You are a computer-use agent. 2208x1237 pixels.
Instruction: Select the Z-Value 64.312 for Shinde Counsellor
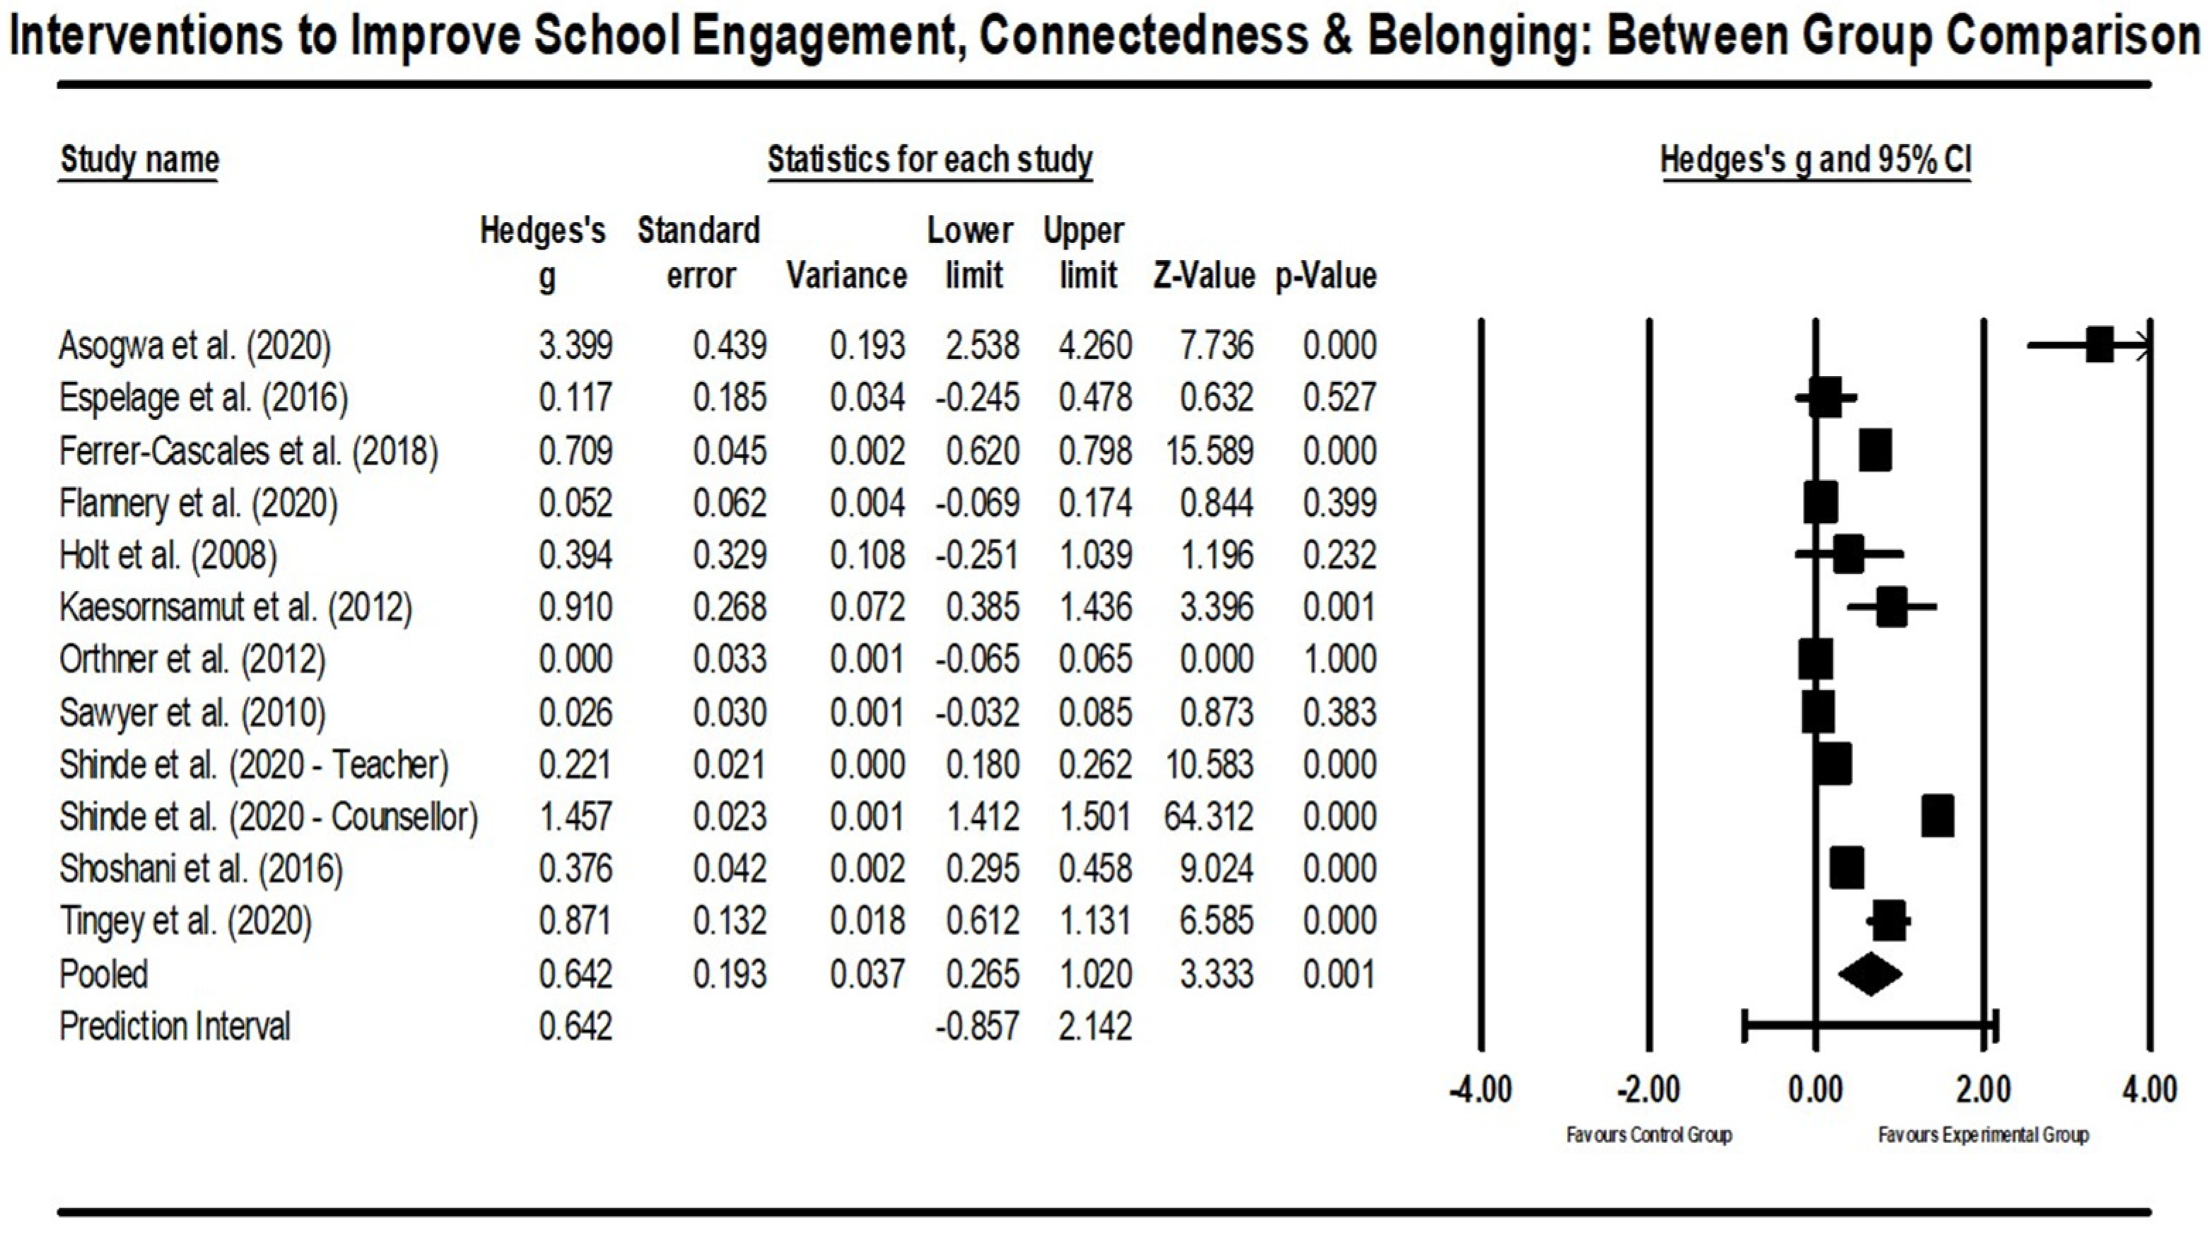[x=1209, y=816]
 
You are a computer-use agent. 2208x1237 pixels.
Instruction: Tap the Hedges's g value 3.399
[x=575, y=346]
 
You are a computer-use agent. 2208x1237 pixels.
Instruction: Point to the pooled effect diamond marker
[x=1870, y=974]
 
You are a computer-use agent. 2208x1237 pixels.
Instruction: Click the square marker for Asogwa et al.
[x=2099, y=346]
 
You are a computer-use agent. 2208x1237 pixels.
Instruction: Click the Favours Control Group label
[x=1648, y=1135]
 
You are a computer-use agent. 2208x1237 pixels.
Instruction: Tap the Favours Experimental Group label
[x=1983, y=1135]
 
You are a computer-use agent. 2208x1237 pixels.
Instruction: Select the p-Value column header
[x=1325, y=276]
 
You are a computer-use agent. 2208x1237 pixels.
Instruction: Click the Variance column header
[x=846, y=276]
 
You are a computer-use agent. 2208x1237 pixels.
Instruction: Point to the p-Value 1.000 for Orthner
[x=1340, y=659]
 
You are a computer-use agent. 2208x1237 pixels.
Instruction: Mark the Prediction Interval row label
[x=175, y=1026]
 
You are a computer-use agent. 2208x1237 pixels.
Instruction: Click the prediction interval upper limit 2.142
[x=1095, y=1026]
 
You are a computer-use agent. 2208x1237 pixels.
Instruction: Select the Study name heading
[x=140, y=160]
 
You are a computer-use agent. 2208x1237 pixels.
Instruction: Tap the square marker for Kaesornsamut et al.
[x=1892, y=607]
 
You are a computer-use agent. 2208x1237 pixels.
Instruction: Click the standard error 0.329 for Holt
[x=729, y=556]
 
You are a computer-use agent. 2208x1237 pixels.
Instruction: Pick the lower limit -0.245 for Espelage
[x=977, y=398]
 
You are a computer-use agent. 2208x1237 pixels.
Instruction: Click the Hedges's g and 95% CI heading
[x=1816, y=160]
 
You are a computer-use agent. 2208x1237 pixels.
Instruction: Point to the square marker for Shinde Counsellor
[x=1938, y=816]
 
